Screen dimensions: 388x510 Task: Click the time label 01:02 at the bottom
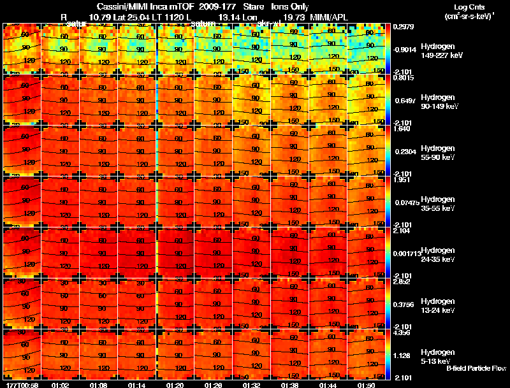pos(60,385)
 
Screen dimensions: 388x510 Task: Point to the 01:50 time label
pos(367,385)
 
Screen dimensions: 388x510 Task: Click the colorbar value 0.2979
pos(404,26)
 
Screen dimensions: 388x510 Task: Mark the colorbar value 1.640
pos(402,128)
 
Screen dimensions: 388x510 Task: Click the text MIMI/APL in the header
pos(331,16)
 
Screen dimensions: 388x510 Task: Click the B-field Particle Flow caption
pos(476,368)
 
